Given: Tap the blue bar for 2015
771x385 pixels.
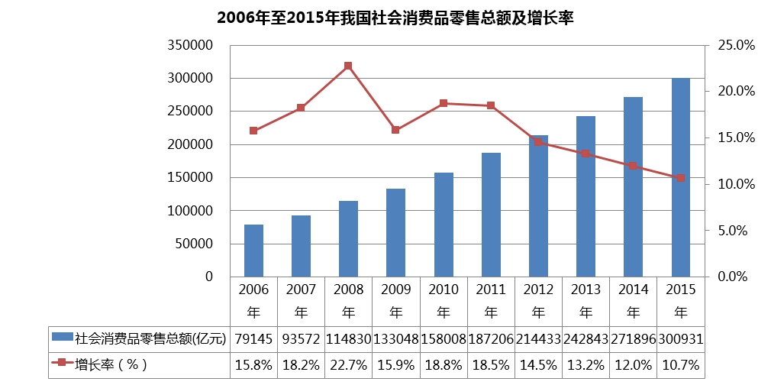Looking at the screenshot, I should [680, 177].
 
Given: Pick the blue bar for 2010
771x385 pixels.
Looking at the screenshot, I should [444, 225].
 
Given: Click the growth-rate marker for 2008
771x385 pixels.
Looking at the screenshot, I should [348, 66].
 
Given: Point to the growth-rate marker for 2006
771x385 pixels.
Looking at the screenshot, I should [253, 131].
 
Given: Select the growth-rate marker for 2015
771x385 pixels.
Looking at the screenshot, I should [680, 177].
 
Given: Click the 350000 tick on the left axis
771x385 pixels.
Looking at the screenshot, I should [191, 46].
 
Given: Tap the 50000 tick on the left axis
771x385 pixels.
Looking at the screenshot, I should [195, 244].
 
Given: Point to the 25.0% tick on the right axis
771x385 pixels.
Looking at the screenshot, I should [736, 46].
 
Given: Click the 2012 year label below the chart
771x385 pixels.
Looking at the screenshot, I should [538, 290].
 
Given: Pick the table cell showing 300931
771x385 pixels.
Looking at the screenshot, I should [680, 338].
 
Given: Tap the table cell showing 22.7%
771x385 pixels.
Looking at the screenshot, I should [348, 364].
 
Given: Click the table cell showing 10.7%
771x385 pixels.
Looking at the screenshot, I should [680, 364].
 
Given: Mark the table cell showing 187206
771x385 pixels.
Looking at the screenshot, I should [491, 338].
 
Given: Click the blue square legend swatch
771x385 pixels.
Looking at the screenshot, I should [61, 337].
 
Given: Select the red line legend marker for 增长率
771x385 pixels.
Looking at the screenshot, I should [60, 364].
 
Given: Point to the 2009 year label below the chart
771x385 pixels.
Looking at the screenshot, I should [396, 290].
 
